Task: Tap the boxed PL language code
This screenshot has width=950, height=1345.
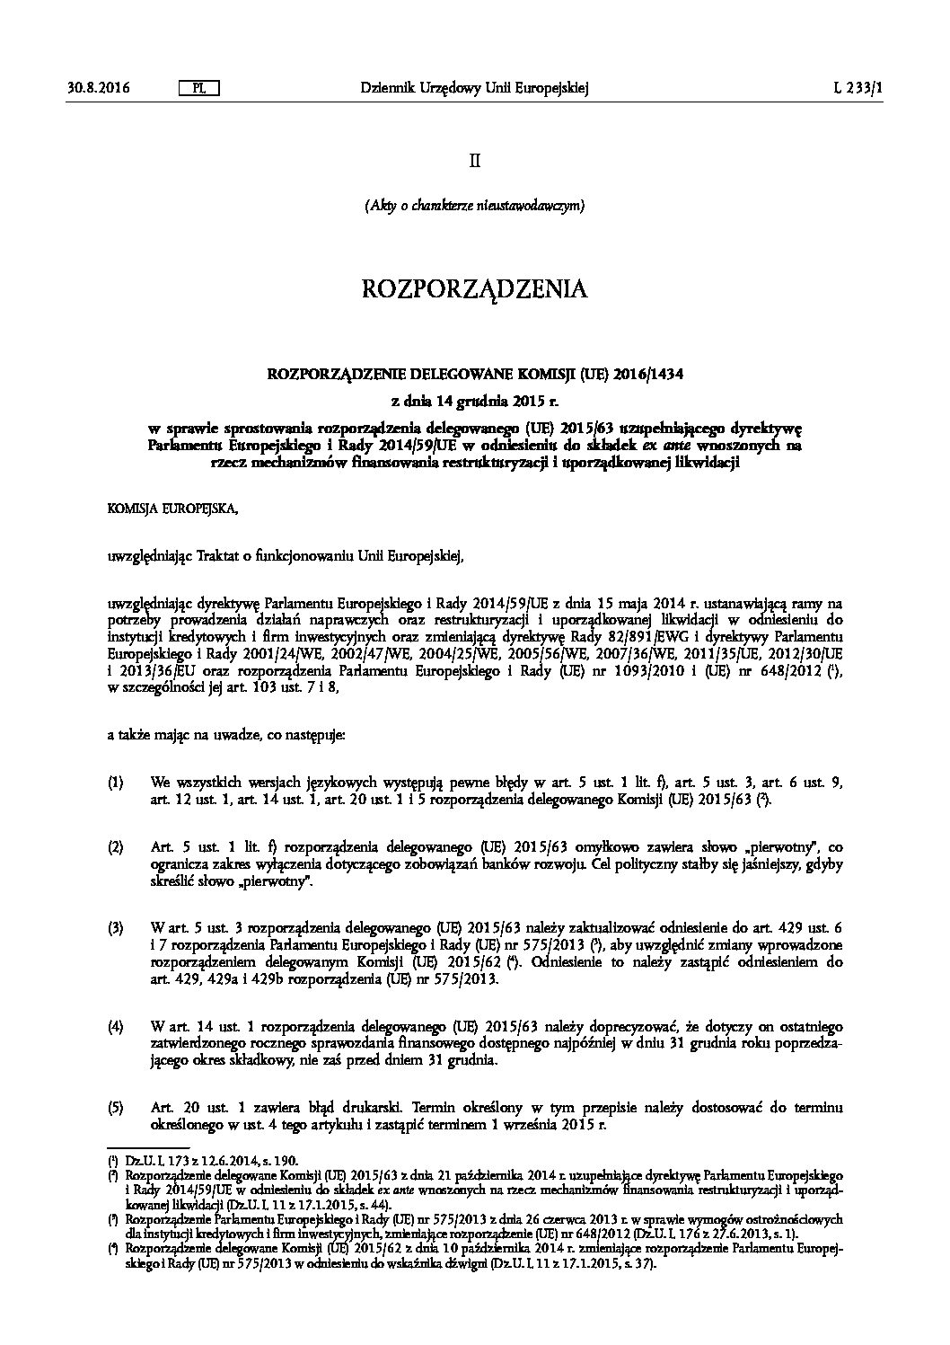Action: (x=199, y=88)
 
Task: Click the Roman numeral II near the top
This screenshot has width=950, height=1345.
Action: (x=474, y=161)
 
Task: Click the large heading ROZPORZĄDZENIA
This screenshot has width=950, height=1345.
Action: (x=474, y=289)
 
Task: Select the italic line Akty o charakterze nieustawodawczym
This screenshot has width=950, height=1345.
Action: (x=474, y=206)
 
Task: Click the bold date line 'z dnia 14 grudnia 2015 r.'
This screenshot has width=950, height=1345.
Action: (x=474, y=399)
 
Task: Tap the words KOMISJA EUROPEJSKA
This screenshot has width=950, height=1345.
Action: (x=173, y=509)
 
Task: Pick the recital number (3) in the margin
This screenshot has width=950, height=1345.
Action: (x=115, y=926)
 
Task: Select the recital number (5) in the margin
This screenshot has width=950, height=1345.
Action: (x=115, y=1108)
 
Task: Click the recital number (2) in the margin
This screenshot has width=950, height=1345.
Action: (x=115, y=846)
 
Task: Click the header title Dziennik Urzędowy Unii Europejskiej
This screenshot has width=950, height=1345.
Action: (x=474, y=88)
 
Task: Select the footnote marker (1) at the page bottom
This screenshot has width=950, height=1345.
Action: (x=112, y=1161)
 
